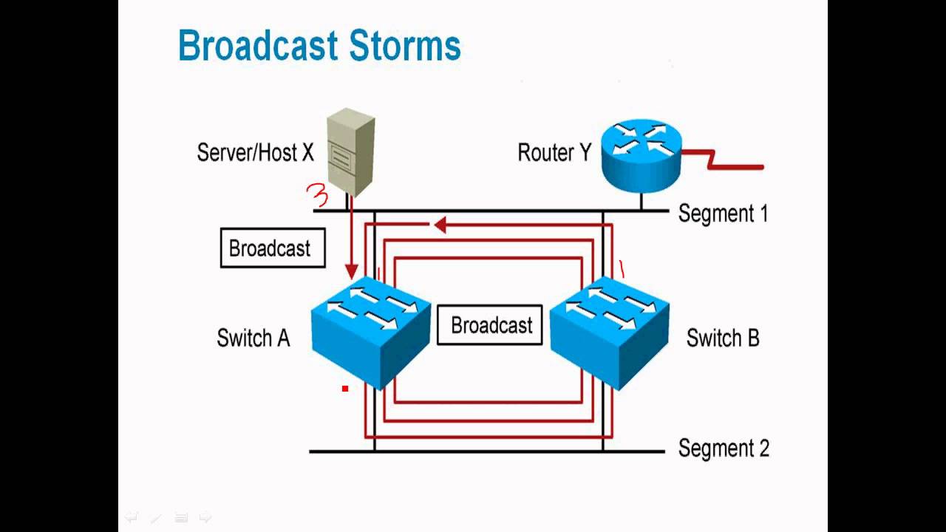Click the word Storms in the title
pos(404,46)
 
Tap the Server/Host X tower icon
pos(350,151)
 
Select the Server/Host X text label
pos(255,153)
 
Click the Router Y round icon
pos(640,153)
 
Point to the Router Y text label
pos(554,153)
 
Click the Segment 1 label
pos(723,214)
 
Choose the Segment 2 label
pos(723,449)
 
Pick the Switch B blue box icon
pos(610,331)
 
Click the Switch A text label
pos(253,338)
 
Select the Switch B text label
pos(722,338)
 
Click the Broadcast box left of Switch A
pos(273,248)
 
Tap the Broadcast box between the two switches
pos(491,326)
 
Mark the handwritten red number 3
pos(317,197)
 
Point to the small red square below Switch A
pos(344,388)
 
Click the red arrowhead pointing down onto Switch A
pos(352,271)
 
